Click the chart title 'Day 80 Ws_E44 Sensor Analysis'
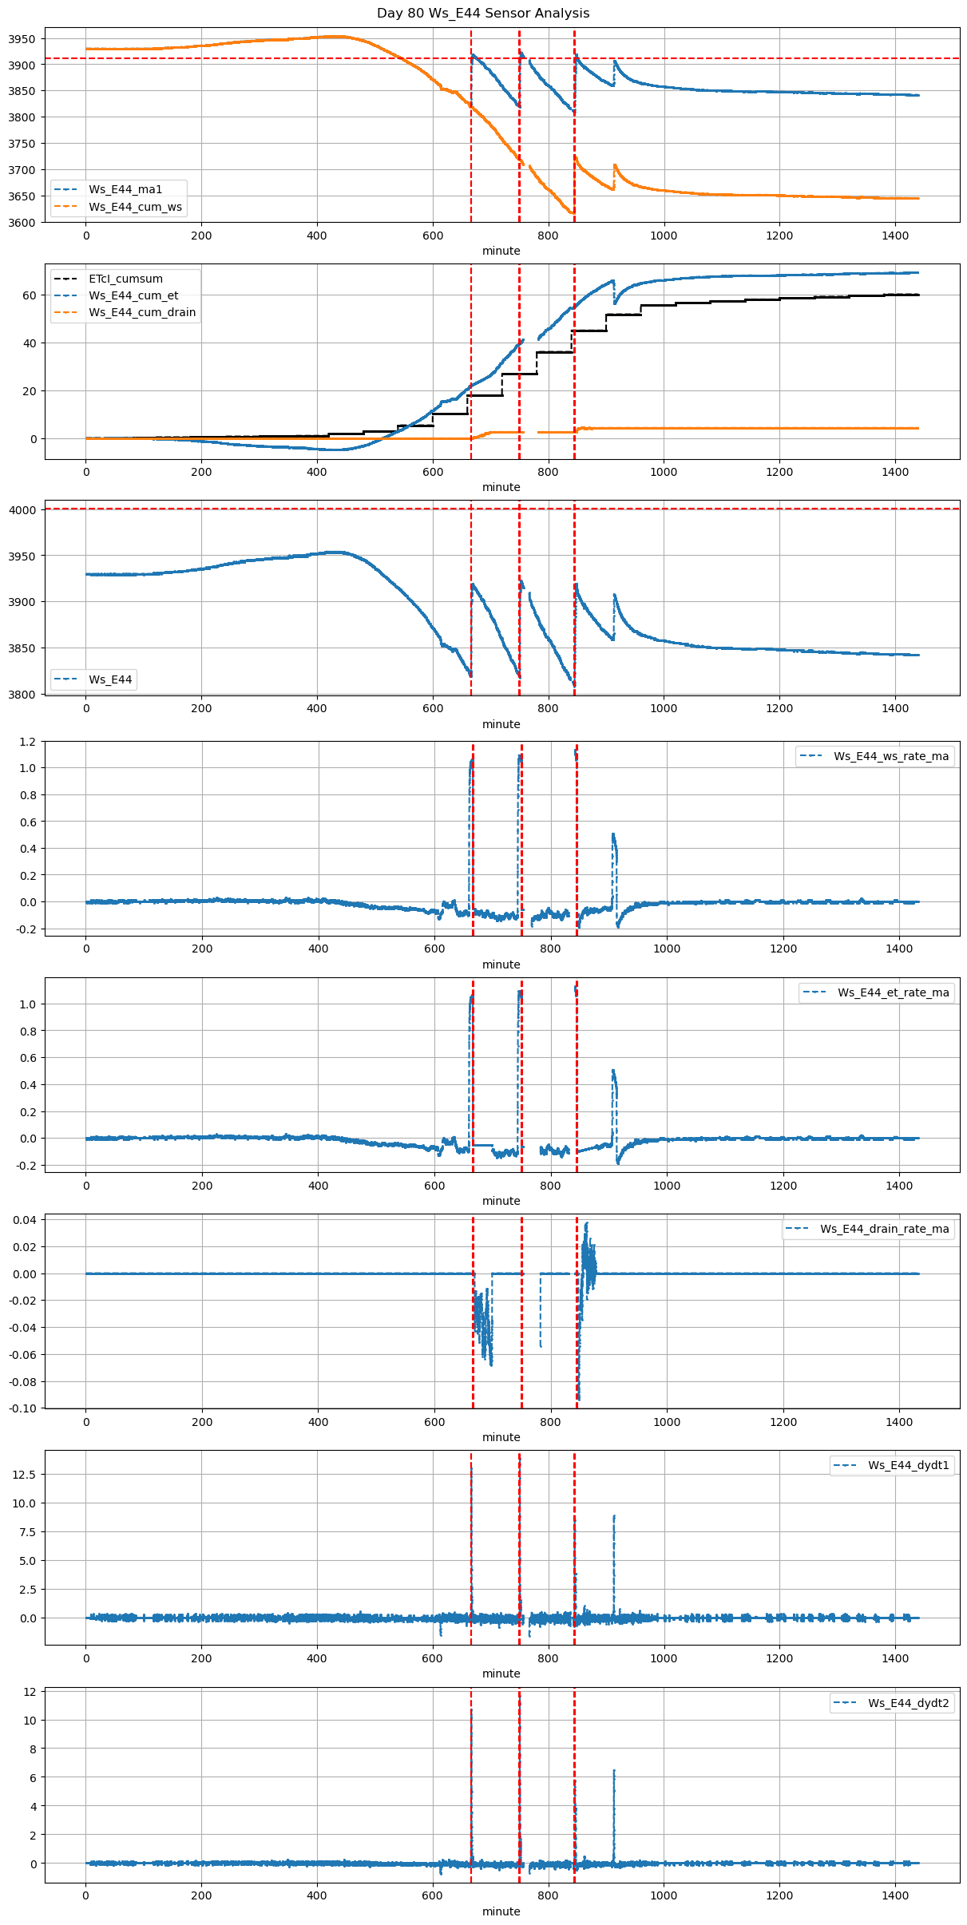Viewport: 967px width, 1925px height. point(483,14)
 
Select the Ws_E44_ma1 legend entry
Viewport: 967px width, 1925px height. point(125,190)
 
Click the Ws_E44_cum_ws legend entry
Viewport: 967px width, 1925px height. point(135,208)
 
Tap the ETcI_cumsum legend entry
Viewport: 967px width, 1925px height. point(125,279)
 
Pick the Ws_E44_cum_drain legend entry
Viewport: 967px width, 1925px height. point(142,313)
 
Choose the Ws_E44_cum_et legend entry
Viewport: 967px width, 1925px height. point(133,296)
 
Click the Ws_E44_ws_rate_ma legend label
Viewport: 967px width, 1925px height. point(891,757)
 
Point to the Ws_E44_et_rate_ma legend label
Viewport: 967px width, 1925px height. point(893,993)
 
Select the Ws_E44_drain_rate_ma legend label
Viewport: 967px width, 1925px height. point(885,1230)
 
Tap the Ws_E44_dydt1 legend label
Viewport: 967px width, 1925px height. point(909,1466)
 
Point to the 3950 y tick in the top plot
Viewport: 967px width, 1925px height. point(21,39)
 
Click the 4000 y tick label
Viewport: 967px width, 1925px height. point(21,510)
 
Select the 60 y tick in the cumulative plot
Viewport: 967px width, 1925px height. point(30,295)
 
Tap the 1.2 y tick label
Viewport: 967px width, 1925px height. point(28,742)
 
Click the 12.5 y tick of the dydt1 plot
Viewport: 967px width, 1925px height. point(24,1475)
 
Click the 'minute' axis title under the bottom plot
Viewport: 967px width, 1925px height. point(501,1911)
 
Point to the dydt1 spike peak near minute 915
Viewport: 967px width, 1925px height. point(614,1516)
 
